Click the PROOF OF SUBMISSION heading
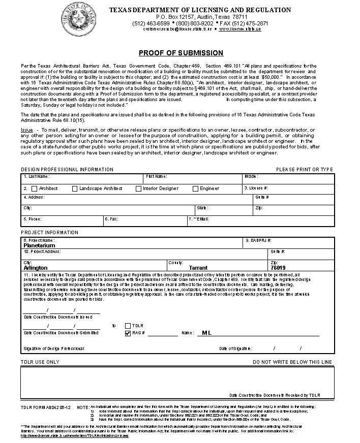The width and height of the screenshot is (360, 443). [x=181, y=53]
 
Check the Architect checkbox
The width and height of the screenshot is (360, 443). [x=35, y=188]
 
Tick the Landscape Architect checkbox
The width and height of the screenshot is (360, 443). [x=75, y=188]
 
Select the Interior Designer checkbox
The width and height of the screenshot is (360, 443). [x=138, y=188]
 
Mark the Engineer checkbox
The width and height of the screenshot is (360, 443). [x=195, y=188]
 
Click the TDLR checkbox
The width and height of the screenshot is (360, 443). [x=128, y=325]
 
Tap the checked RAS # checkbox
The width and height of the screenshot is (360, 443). [x=128, y=333]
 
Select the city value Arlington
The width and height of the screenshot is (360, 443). [x=36, y=268]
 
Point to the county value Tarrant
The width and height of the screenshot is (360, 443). [x=198, y=268]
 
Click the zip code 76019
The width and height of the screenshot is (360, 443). [x=278, y=268]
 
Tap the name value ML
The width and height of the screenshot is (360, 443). [x=206, y=333]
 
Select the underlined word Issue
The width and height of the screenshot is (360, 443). [x=27, y=130]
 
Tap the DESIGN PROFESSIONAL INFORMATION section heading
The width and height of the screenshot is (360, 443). [x=67, y=169]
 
